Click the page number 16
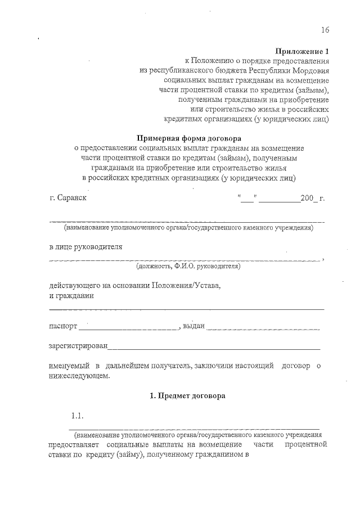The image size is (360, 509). [325, 30]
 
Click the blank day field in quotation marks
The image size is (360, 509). [247, 198]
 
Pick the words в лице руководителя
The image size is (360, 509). [85, 246]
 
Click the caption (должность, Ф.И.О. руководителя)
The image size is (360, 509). [188, 265]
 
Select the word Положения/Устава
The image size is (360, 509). [190, 285]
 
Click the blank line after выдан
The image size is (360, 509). [263, 327]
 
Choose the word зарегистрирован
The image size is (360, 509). [78, 346]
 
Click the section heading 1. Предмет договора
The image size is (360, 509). [188, 396]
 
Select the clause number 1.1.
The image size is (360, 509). [77, 416]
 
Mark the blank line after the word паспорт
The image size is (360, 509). [129, 327]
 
